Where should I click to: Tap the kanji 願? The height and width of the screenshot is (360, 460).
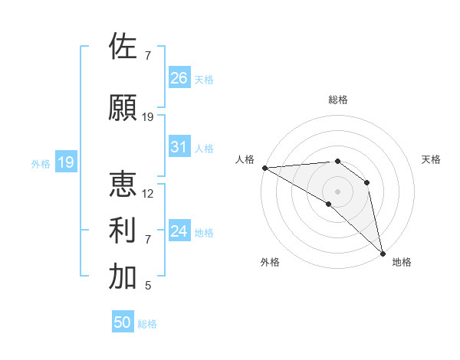(x=123, y=108)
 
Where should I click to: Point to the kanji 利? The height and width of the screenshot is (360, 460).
(x=123, y=231)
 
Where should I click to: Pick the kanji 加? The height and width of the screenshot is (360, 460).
(x=123, y=277)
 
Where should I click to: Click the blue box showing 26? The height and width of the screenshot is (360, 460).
(x=179, y=77)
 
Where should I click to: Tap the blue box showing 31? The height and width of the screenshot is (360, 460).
(x=179, y=147)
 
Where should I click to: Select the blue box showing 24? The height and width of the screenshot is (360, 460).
(x=179, y=231)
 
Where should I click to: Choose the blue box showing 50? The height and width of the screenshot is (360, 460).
(x=123, y=322)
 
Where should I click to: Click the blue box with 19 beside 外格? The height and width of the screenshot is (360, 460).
(x=66, y=162)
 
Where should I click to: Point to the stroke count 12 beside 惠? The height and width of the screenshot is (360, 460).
(x=149, y=193)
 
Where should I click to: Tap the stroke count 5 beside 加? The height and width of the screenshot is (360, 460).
(x=148, y=286)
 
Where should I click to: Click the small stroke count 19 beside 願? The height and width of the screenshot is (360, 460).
(x=149, y=117)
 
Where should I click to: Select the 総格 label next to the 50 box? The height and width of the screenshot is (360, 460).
(x=147, y=324)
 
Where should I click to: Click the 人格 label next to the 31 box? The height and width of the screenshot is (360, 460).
(x=204, y=149)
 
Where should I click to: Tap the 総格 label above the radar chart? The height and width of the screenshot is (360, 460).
(x=338, y=100)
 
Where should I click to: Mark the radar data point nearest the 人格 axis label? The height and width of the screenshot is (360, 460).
(x=264, y=167)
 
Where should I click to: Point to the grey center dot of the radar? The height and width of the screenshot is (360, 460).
(x=337, y=190)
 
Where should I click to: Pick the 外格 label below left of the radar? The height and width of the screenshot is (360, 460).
(x=270, y=262)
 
